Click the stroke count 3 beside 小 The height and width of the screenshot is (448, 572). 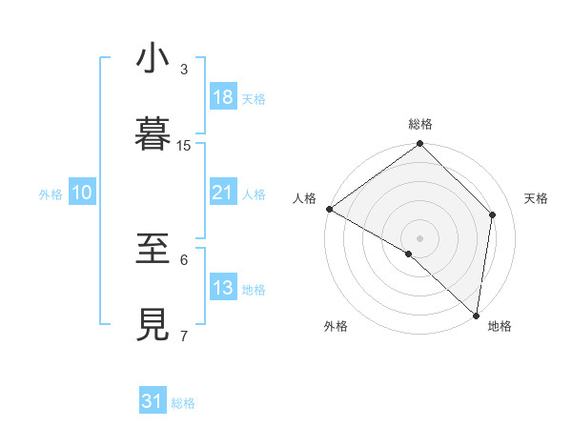click(184, 69)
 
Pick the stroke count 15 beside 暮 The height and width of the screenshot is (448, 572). click(184, 145)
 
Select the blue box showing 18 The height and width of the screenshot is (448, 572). click(223, 97)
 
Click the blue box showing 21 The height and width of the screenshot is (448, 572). click(223, 193)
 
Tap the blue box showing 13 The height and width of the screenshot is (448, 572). click(223, 288)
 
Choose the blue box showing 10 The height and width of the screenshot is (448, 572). click(82, 193)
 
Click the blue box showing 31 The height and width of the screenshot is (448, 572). click(153, 401)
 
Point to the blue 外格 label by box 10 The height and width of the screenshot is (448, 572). click(51, 193)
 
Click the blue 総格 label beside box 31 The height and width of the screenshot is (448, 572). click(183, 403)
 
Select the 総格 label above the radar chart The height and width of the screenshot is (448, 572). click(420, 124)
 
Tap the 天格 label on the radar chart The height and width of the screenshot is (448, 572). click(537, 198)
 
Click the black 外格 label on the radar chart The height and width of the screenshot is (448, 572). click(336, 326)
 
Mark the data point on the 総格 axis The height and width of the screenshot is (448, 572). click(420, 145)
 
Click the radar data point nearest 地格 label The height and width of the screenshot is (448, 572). click(476, 315)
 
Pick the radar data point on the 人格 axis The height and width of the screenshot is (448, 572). click(329, 209)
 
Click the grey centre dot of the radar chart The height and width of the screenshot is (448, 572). click(420, 237)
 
